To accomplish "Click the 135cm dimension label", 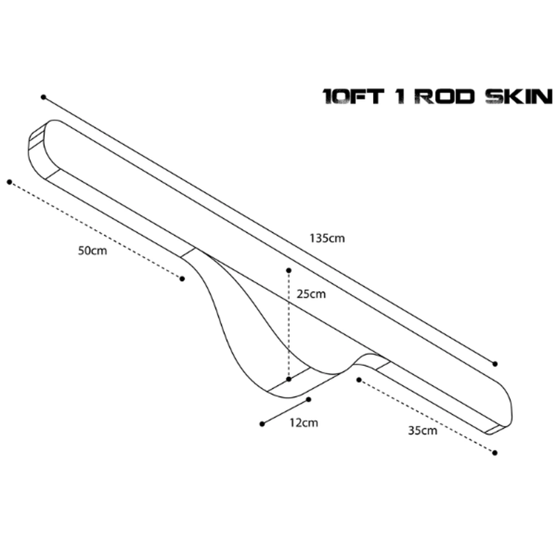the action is tap(327, 238).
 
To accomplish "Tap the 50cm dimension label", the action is tap(93, 251).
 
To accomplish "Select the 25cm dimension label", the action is tap(311, 294).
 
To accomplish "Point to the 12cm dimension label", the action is tap(304, 423).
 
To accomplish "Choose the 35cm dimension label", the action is tap(422, 431).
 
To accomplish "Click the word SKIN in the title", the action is tap(519, 97).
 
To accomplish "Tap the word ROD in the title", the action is tap(445, 97).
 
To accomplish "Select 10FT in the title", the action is tap(353, 97).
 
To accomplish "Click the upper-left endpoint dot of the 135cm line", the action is tap(44, 97).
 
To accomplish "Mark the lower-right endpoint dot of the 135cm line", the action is tap(495, 363).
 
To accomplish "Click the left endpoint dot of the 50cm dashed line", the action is tap(9, 182).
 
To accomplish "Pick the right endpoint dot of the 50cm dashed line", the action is tap(182, 279).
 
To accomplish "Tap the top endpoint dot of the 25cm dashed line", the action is tap(289, 271).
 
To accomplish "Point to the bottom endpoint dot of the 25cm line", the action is tap(289, 380).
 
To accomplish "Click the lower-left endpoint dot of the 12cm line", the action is tap(262, 424).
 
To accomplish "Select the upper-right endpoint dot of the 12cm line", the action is tap(308, 400).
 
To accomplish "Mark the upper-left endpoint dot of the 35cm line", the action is tap(359, 380).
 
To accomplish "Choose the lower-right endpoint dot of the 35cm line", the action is tap(495, 452).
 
